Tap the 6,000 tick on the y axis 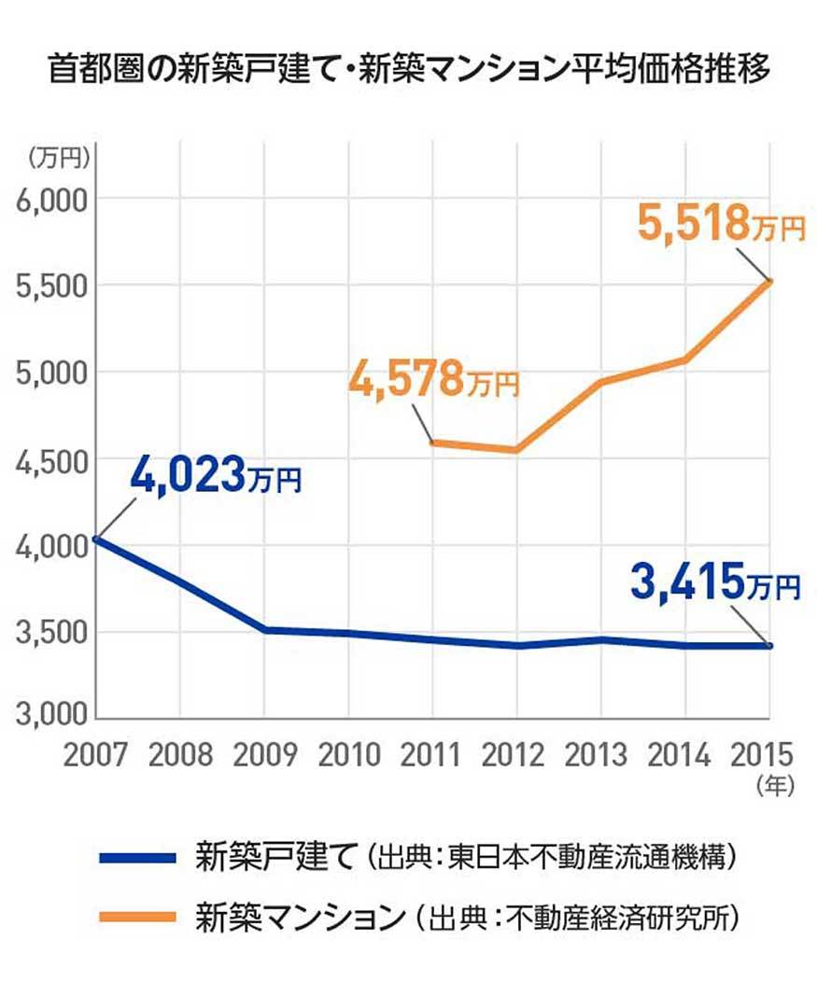(51, 199)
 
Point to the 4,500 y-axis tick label (51, 460)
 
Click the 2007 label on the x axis (96, 753)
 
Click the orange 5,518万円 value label (720, 224)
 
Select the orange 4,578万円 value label (433, 379)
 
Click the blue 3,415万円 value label (715, 584)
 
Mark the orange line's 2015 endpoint (770, 281)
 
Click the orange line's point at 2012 (516, 450)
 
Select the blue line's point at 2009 (265, 630)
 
